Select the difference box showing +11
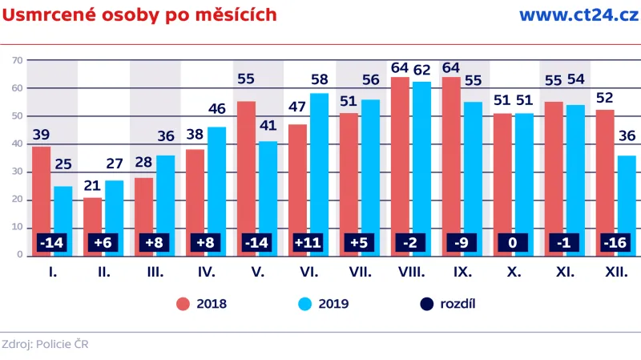[308, 241]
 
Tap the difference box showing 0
[514, 241]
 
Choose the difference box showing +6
[103, 241]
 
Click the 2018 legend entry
[201, 304]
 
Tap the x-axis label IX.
[462, 273]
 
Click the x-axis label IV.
[206, 273]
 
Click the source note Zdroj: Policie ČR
[45, 345]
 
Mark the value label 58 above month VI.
[320, 79]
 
